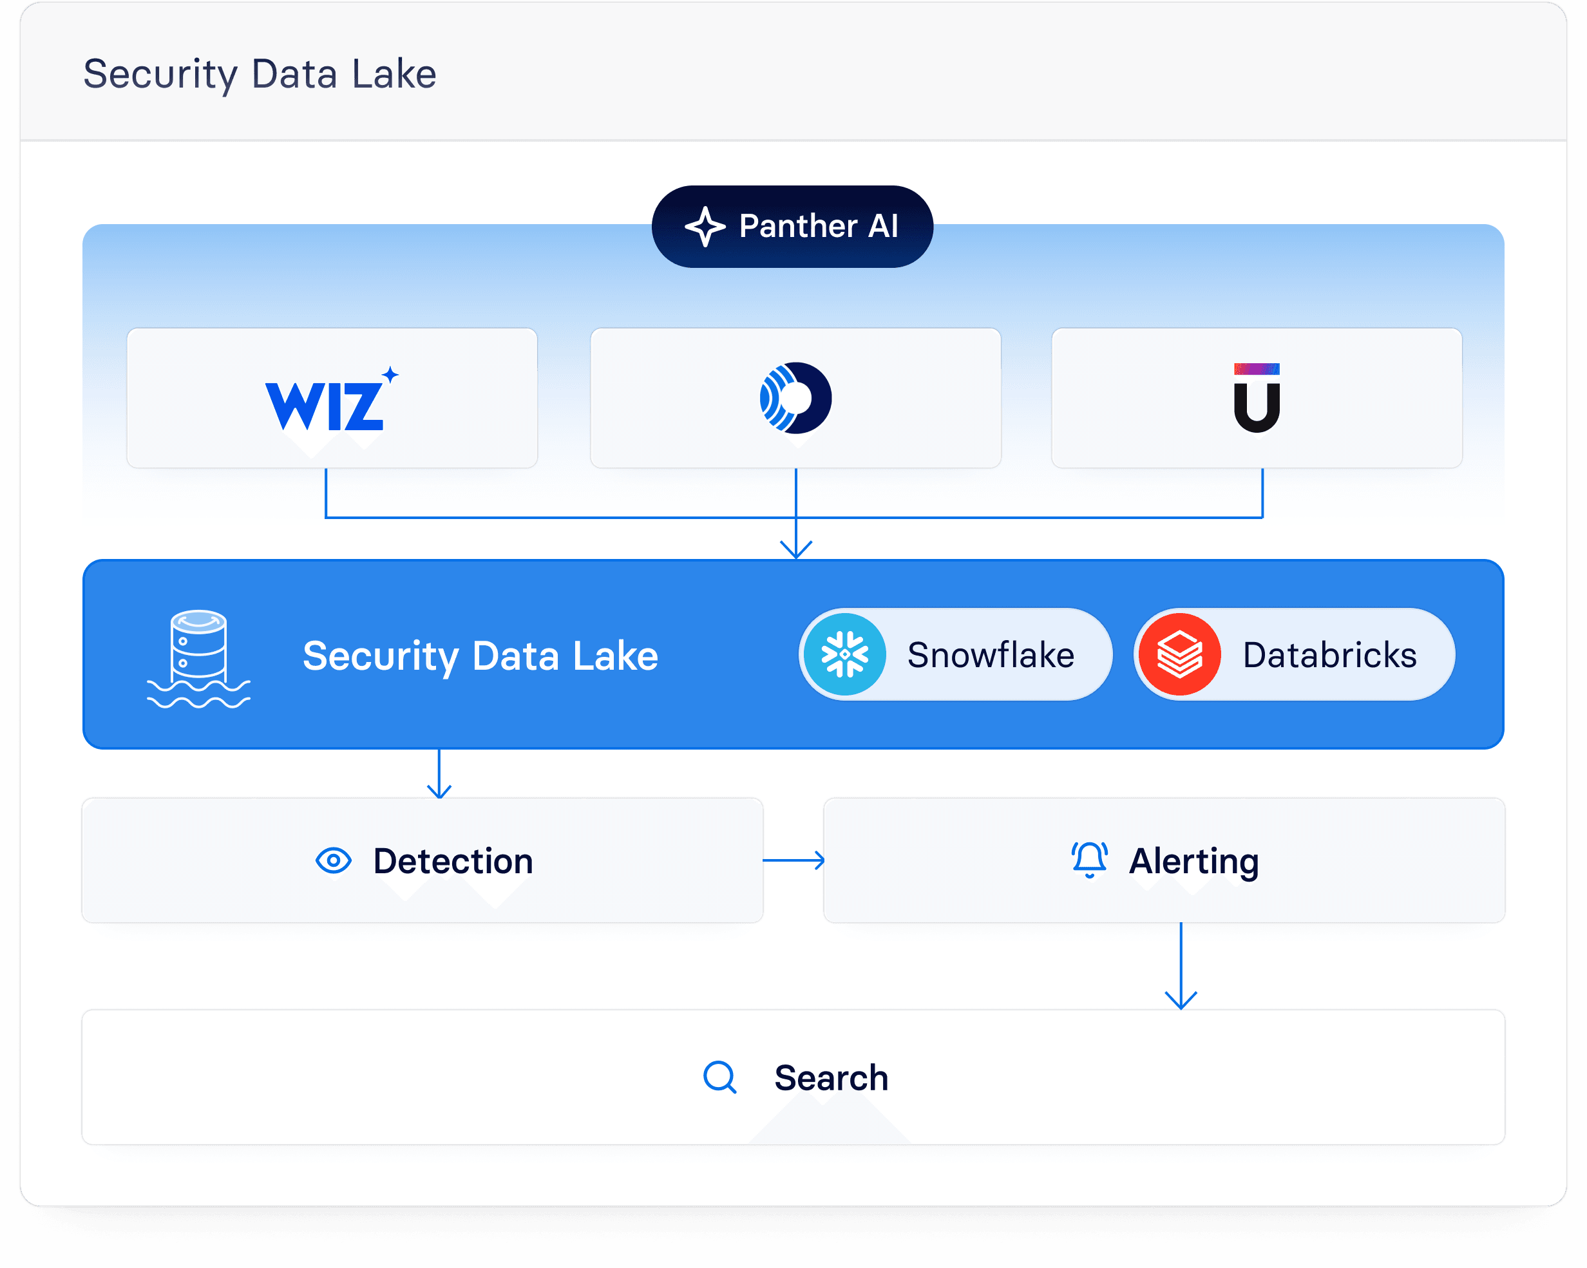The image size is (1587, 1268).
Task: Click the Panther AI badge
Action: pyautogui.click(x=792, y=226)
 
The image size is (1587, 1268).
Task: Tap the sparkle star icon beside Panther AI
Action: pyautogui.click(x=705, y=227)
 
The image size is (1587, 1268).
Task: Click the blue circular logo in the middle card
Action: pyautogui.click(x=795, y=398)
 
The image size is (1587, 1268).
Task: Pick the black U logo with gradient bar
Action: pyautogui.click(x=1257, y=398)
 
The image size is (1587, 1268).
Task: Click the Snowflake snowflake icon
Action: pyautogui.click(x=844, y=654)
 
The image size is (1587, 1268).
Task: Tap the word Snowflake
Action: pyautogui.click(x=990, y=655)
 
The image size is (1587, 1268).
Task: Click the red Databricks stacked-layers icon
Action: pyautogui.click(x=1179, y=654)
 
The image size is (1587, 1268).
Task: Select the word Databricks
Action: pyautogui.click(x=1329, y=655)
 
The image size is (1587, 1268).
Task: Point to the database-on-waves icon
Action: pyautogui.click(x=198, y=659)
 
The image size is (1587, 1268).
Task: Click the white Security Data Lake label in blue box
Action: pyautogui.click(x=480, y=656)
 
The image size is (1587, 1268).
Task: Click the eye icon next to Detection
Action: pyautogui.click(x=334, y=860)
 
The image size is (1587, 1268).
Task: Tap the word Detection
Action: pyautogui.click(x=453, y=861)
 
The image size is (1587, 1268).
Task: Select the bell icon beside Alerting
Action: pyautogui.click(x=1088, y=860)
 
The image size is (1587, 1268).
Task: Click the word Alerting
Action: pyautogui.click(x=1193, y=861)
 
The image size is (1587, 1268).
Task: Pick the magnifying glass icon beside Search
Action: pyautogui.click(x=719, y=1077)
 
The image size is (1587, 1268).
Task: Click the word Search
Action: pyautogui.click(x=831, y=1078)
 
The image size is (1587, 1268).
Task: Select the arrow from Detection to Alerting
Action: pyautogui.click(x=793, y=860)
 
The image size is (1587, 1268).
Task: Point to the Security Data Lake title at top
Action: pyautogui.click(x=260, y=74)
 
